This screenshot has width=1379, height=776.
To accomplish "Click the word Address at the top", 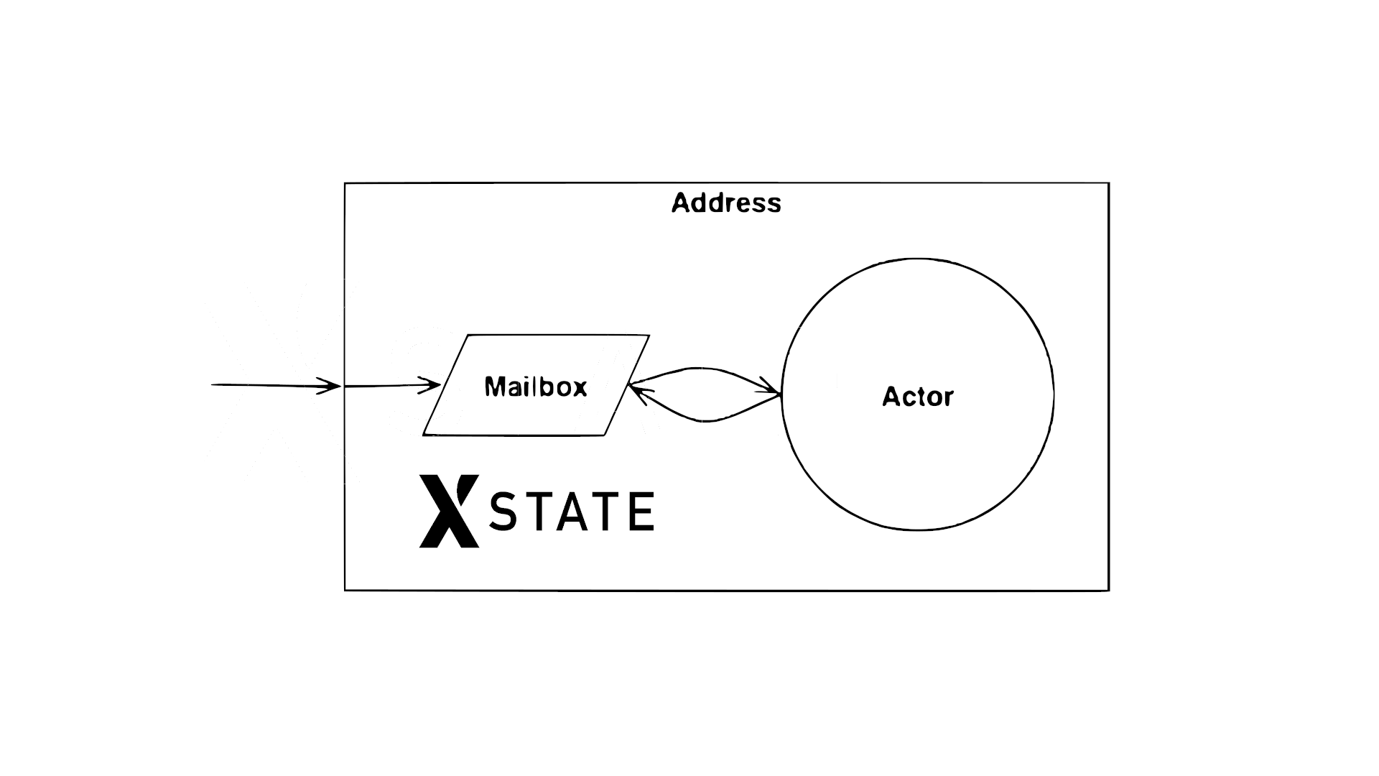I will click(726, 203).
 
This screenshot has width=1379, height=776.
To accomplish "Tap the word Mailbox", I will click(536, 387).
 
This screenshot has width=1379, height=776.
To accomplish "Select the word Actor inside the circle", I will click(918, 397).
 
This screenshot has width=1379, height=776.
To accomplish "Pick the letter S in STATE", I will click(503, 512).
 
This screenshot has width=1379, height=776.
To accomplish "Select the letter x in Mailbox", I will click(579, 388).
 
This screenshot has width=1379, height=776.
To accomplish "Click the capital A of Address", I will click(681, 203).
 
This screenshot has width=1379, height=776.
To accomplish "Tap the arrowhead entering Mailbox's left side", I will click(432, 384).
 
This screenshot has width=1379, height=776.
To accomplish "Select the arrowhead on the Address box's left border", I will click(332, 386).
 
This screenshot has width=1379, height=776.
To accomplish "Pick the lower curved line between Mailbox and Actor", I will click(707, 420).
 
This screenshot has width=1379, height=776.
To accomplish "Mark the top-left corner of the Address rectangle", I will click(345, 184).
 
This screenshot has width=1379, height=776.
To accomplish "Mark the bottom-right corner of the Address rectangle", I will click(1108, 590).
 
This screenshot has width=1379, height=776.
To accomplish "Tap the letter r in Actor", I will click(948, 397).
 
